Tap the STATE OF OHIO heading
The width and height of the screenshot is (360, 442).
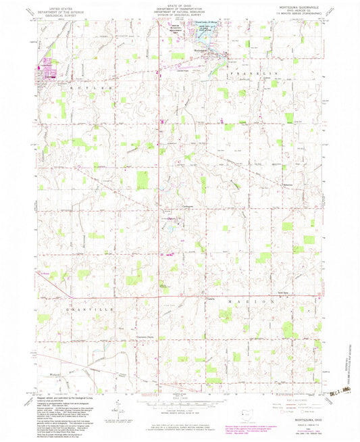179,6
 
